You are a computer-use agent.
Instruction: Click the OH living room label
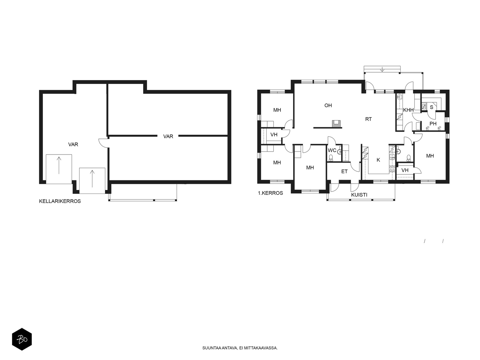[x=328, y=105]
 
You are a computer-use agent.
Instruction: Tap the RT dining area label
[x=368, y=119]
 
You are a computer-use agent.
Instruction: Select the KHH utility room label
[x=408, y=110]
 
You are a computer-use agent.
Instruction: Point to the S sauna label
[x=431, y=107]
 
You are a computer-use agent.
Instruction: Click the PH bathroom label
[x=433, y=124]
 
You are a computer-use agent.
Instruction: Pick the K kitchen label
[x=378, y=160]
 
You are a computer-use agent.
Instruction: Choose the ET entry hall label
[x=344, y=171]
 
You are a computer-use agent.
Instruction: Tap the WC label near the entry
[x=332, y=150]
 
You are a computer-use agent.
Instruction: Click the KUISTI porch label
[x=359, y=195]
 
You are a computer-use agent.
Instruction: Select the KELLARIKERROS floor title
[x=60, y=201]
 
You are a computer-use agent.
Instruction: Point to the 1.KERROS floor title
[x=270, y=193]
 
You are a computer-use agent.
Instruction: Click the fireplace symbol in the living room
[x=336, y=124]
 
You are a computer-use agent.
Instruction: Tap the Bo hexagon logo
[x=22, y=339]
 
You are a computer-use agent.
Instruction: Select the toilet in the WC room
[x=331, y=158]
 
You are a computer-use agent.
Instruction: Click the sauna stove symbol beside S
[x=424, y=107]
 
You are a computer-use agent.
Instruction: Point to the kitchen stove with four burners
[x=392, y=168]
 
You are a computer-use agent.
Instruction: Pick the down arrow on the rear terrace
[x=382, y=69]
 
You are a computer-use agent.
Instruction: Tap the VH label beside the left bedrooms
[x=274, y=135]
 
